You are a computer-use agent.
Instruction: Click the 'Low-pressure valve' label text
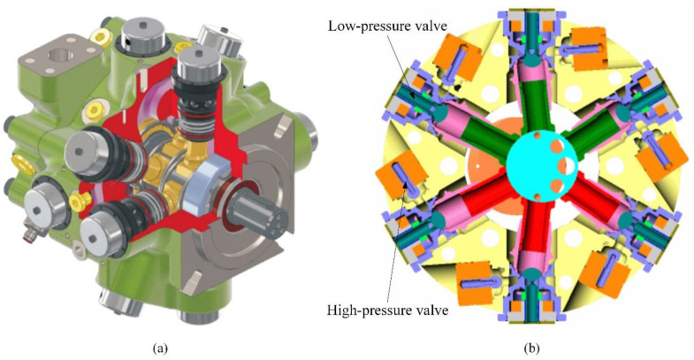click(x=387, y=27)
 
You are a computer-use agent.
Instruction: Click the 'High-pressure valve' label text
click(x=388, y=310)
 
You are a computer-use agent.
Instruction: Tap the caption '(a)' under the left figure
click(x=160, y=349)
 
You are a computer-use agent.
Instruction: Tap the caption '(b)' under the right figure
click(x=531, y=349)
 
